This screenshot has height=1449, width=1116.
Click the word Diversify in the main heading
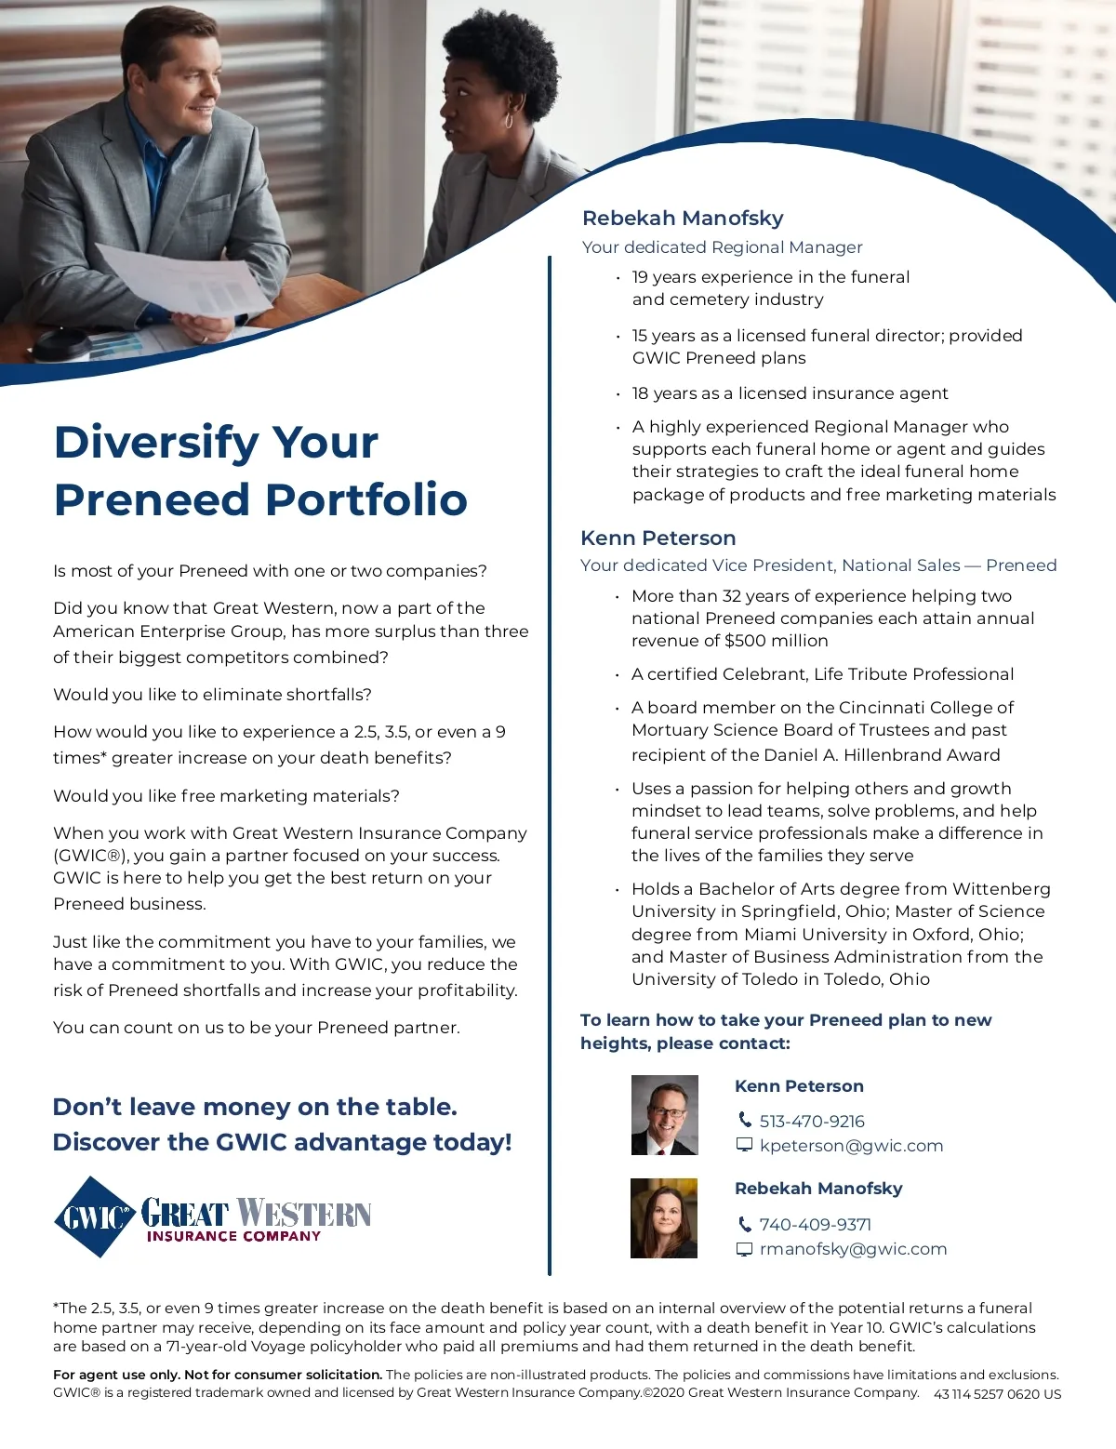pyautogui.click(x=155, y=443)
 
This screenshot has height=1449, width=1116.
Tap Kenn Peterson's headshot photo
pyautogui.click(x=664, y=1114)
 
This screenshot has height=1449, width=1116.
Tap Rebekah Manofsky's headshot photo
pyautogui.click(x=664, y=1218)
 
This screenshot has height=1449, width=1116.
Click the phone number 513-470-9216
pyautogui.click(x=812, y=1122)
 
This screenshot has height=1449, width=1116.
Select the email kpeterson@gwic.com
pyautogui.click(x=851, y=1146)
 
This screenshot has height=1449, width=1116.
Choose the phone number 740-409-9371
pyautogui.click(x=815, y=1225)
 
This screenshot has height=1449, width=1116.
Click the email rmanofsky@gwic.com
pyautogui.click(x=853, y=1249)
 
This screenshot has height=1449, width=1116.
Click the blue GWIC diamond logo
pyautogui.click(x=95, y=1216)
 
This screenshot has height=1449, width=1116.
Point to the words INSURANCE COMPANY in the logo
pyautogui.click(x=233, y=1237)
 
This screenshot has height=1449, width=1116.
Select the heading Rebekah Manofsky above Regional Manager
pyautogui.click(x=683, y=219)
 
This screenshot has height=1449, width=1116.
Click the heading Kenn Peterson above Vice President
pyautogui.click(x=658, y=538)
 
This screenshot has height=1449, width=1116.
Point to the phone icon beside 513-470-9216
pyautogui.click(x=745, y=1120)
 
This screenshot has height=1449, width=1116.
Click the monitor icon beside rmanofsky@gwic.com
pyautogui.click(x=744, y=1249)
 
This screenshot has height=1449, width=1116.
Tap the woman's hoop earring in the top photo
pyautogui.click(x=509, y=120)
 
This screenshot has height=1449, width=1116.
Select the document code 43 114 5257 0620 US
pyautogui.click(x=997, y=1394)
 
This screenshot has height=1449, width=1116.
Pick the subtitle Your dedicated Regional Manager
pyautogui.click(x=722, y=247)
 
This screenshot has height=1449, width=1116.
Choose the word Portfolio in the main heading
pyautogui.click(x=366, y=500)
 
